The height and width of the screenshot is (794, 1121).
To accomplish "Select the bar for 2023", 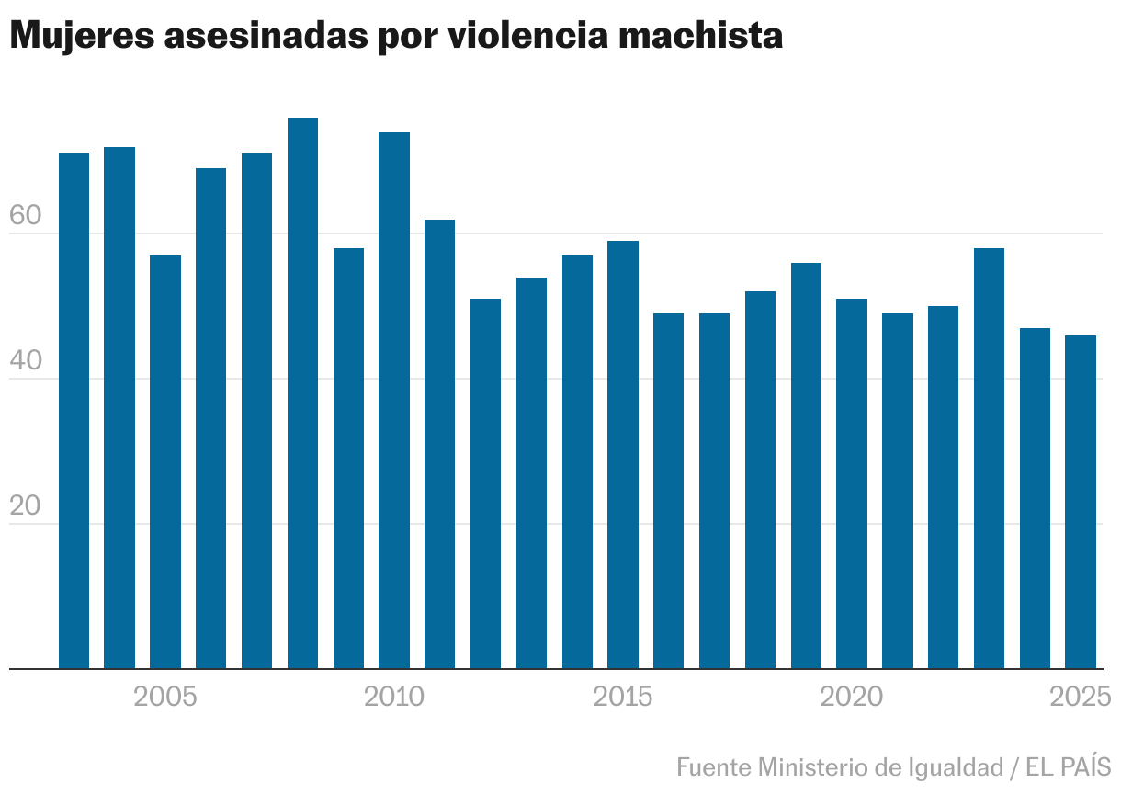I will pyautogui.click(x=989, y=459).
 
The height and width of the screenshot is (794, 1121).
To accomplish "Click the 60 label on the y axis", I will pyautogui.click(x=26, y=217).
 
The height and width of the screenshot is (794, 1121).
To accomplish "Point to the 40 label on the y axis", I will pyautogui.click(x=26, y=362).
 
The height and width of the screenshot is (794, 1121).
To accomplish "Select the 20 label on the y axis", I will pyautogui.click(x=26, y=507).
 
